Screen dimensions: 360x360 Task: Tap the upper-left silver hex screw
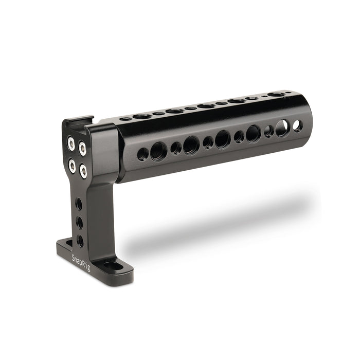point(71,143)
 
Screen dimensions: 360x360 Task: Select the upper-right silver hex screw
point(82,149)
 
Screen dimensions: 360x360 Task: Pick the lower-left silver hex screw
point(73,166)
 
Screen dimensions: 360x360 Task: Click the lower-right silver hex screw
point(83,171)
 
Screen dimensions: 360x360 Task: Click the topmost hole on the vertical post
point(79,204)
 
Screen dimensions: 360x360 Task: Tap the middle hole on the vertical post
point(79,222)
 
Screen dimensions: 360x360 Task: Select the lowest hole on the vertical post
point(80,241)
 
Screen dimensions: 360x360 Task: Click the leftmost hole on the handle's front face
point(143,154)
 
